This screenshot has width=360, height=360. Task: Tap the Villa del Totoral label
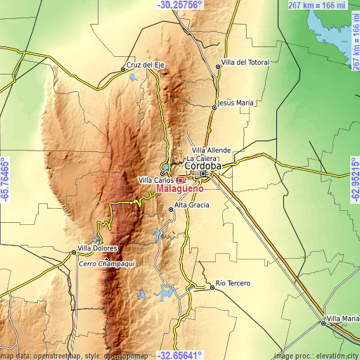click(245, 63)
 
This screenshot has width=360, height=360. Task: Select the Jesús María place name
click(236, 103)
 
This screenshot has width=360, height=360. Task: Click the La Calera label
click(202, 160)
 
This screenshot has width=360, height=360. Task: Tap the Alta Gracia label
click(192, 205)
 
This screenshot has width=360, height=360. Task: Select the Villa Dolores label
click(97, 248)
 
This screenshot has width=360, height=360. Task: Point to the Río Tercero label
click(233, 283)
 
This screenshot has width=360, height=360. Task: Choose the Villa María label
click(342, 319)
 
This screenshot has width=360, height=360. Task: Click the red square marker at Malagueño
click(180, 180)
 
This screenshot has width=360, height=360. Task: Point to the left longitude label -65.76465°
click(5, 179)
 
